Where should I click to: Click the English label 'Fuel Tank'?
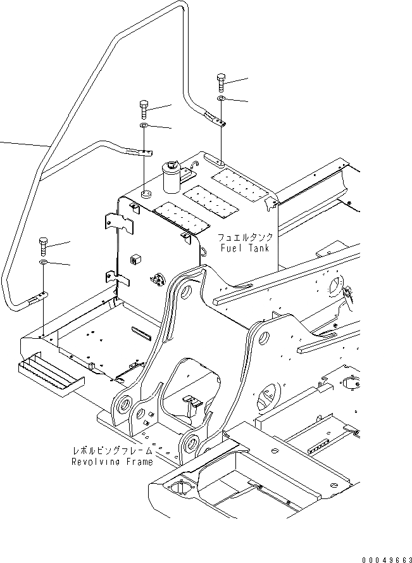pyautogui.click(x=245, y=248)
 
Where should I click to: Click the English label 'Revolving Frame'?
pyautogui.click(x=112, y=462)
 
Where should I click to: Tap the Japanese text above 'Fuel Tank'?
pyautogui.click(x=246, y=237)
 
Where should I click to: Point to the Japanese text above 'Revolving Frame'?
pyautogui.click(x=113, y=451)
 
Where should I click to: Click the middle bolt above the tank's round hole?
pyautogui.click(x=144, y=109)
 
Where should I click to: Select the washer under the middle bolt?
pyautogui.click(x=144, y=128)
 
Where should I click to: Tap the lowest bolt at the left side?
pyautogui.click(x=43, y=244)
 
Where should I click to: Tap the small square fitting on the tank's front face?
pyautogui.click(x=134, y=259)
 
